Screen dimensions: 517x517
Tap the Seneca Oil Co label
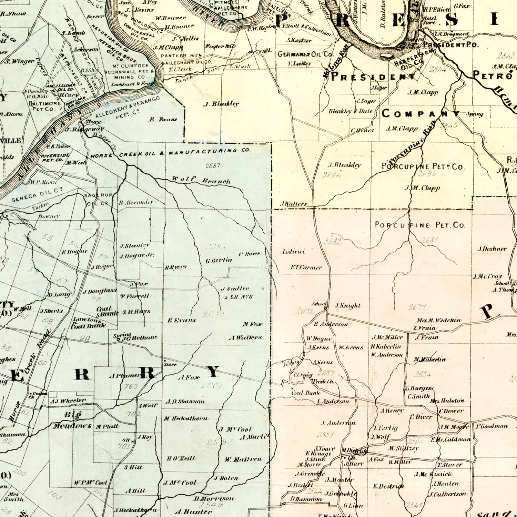[x=37, y=195]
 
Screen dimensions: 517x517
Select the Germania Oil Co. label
[x=306, y=54]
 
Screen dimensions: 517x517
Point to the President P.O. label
[x=451, y=45]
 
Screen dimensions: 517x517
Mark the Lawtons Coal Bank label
[x=89, y=323]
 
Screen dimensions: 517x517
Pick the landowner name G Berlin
[x=219, y=260]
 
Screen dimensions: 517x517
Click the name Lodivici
[x=293, y=252]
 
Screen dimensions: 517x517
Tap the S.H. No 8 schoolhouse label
[x=240, y=297]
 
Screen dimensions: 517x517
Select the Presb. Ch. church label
[x=323, y=382]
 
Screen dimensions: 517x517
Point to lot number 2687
[x=213, y=165]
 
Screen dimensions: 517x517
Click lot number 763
[x=131, y=386]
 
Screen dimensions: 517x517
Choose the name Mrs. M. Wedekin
[x=439, y=320]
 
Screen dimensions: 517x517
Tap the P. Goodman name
[x=492, y=426]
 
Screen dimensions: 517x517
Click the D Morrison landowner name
[x=214, y=498]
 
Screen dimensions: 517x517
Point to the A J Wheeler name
[x=68, y=401]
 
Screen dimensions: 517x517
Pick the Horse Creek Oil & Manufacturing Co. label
[x=170, y=153]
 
